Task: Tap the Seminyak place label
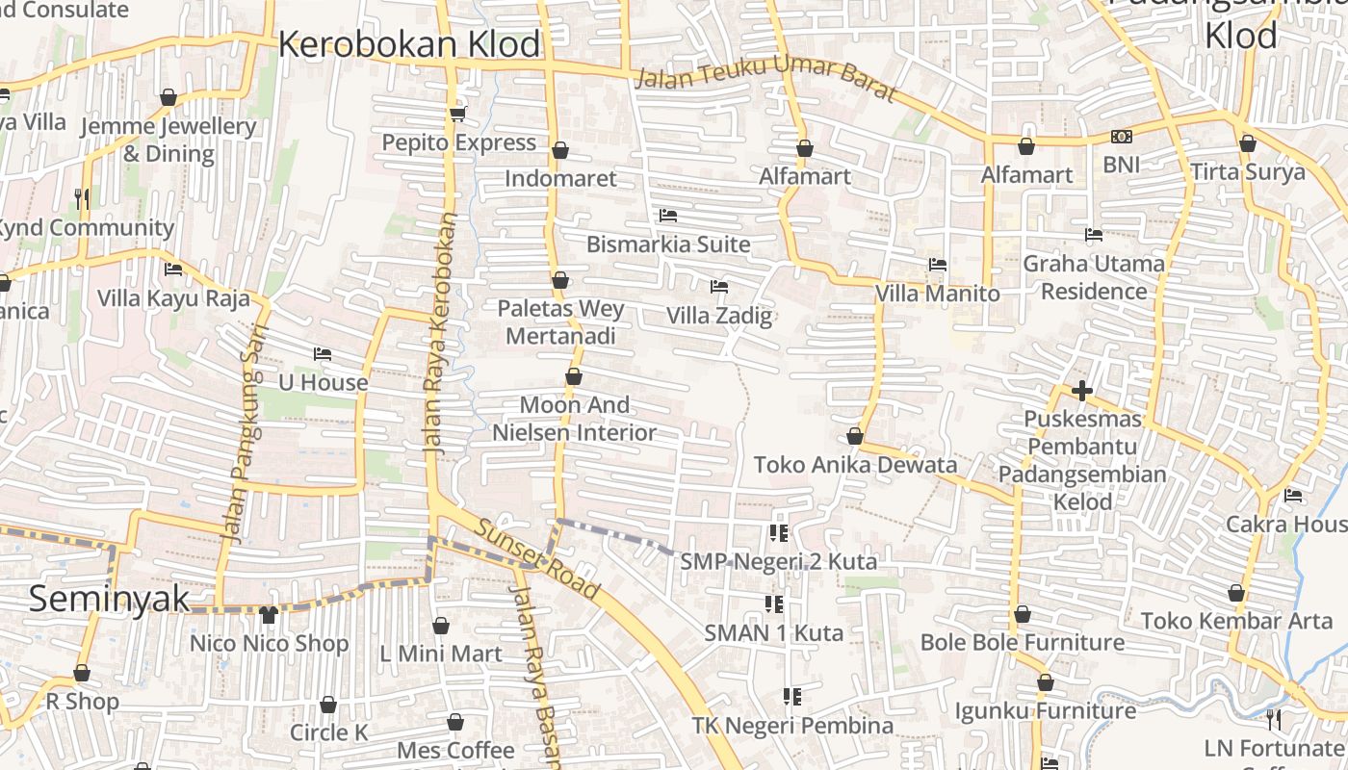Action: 109,598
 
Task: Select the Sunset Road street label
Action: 537,561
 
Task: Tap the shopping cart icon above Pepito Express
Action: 457,115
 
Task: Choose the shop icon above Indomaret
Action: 560,150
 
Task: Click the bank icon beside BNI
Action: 1121,137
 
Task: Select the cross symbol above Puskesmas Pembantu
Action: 1082,391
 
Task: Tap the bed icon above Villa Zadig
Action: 718,287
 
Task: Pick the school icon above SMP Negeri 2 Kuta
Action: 778,532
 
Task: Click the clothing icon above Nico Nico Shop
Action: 269,614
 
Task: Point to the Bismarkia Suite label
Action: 668,244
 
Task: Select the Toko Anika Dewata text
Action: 855,465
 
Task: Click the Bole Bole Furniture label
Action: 1022,642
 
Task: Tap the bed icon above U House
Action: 323,354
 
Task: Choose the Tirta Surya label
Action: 1248,172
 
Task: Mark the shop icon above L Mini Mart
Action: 441,626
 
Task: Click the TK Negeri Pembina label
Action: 792,725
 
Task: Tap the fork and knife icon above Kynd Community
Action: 82,198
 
